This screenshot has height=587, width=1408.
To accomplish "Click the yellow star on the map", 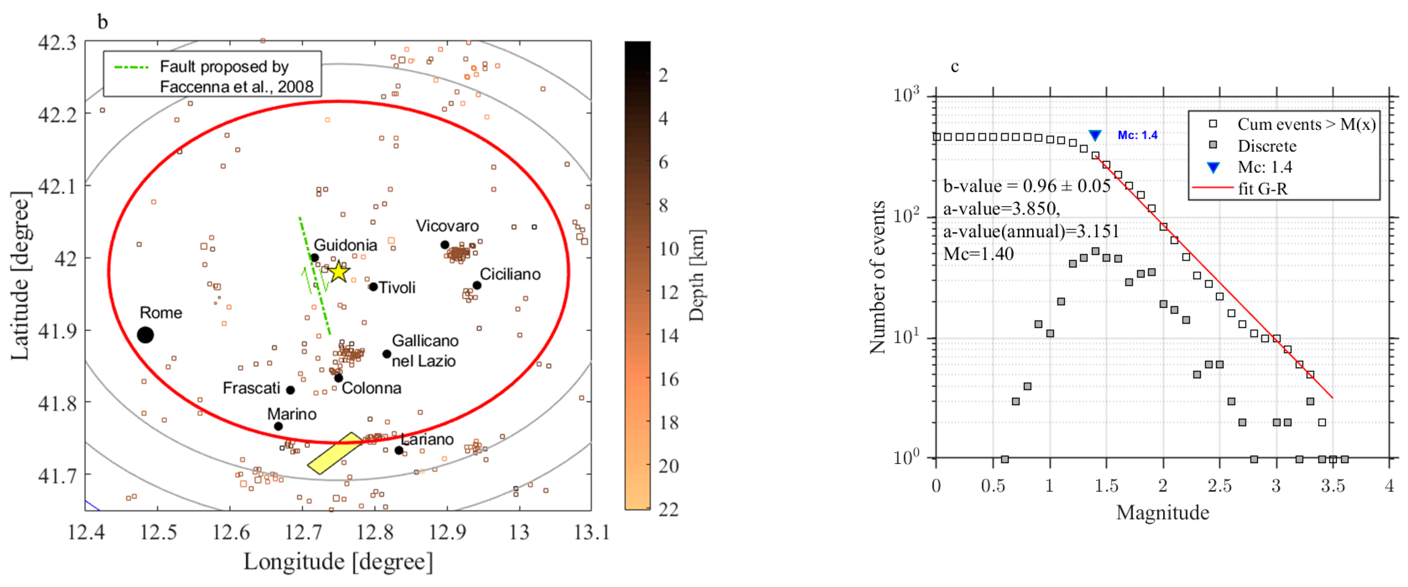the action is point(339,271).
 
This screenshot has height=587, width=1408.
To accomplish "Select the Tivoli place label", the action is point(397,288).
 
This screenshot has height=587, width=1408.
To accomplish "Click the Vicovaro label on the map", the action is point(447,226).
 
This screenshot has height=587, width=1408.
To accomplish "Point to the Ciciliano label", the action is point(510,274).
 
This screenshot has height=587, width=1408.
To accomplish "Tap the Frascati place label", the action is point(251,388).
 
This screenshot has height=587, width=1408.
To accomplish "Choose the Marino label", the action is point(292,414).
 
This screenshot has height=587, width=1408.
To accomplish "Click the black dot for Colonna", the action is point(338,378).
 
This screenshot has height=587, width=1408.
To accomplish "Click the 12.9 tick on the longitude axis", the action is point(447,531).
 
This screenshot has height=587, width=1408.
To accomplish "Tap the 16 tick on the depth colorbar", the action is point(669,379).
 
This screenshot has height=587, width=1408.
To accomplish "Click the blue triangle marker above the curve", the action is point(1095,136).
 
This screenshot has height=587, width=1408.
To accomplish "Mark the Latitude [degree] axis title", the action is point(20,276).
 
